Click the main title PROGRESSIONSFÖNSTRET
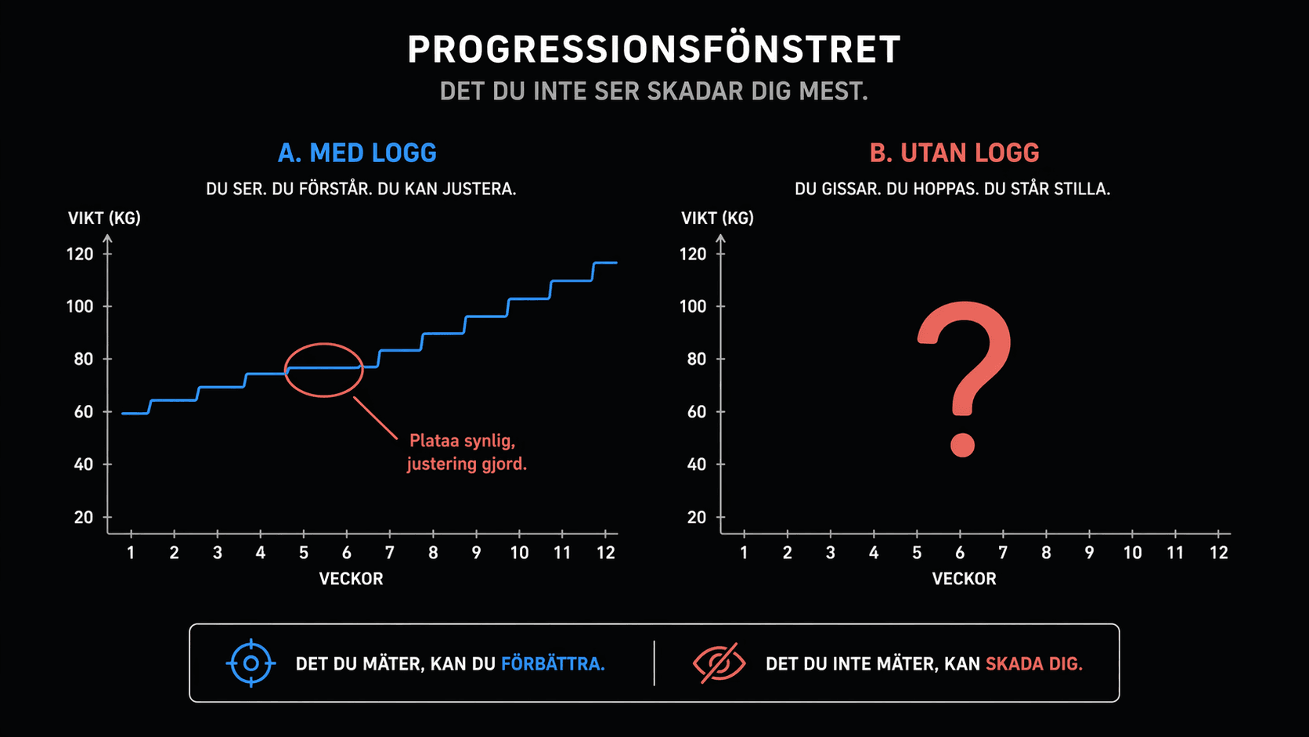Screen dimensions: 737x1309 [x=654, y=49]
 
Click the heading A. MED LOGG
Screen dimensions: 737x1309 [x=357, y=153]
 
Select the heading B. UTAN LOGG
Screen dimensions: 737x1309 [x=954, y=153]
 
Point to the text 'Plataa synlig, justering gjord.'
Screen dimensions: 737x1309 [x=466, y=452]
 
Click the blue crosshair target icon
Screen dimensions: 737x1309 [x=251, y=663]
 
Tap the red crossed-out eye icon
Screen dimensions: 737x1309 [x=719, y=663]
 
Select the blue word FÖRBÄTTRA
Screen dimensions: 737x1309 [x=552, y=664]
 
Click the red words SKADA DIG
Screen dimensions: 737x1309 [x=1033, y=664]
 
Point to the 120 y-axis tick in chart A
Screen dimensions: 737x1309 [x=80, y=254]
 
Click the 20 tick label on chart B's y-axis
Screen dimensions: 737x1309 [x=696, y=517]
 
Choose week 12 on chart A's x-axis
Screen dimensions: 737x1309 [x=605, y=553]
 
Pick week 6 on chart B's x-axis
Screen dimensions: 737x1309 [x=960, y=553]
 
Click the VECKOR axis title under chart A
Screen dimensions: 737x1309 [x=351, y=579]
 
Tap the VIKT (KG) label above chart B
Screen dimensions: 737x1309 [x=717, y=218]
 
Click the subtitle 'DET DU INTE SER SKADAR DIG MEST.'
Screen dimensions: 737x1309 [x=654, y=92]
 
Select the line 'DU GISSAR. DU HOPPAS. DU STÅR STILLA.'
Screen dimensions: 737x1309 [x=952, y=189]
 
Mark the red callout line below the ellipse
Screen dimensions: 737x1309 [x=376, y=418]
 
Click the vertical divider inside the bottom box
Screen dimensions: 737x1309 [x=654, y=663]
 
